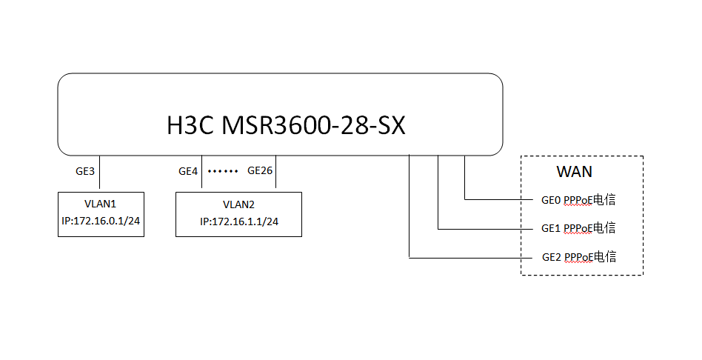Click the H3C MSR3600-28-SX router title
pyautogui.click(x=286, y=125)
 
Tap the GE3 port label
pyautogui.click(x=85, y=171)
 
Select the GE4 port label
pyautogui.click(x=188, y=171)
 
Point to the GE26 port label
pyautogui.click(x=259, y=171)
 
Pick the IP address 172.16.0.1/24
pyautogui.click(x=101, y=221)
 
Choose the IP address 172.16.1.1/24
pyautogui.click(x=238, y=221)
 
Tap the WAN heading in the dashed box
pyautogui.click(x=575, y=173)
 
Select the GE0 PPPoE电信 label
pyautogui.click(x=579, y=200)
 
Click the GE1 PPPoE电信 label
pyautogui.click(x=579, y=228)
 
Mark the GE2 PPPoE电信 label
pyautogui.click(x=579, y=257)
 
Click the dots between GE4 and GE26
pyautogui.click(x=223, y=172)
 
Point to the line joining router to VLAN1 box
pyautogui.click(x=99, y=174)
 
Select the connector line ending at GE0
pyautogui.click(x=496, y=199)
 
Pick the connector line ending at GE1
pyautogui.click(x=481, y=228)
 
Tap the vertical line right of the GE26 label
pyautogui.click(x=275, y=174)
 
